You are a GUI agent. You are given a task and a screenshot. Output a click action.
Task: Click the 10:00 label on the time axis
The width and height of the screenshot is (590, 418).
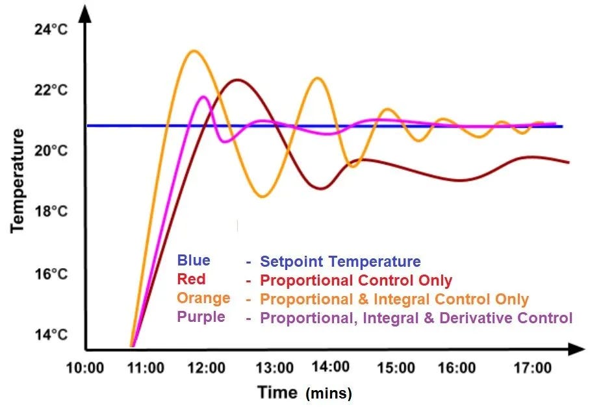click(84, 369)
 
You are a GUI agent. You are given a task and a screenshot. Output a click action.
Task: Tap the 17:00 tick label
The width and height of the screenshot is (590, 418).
click(532, 369)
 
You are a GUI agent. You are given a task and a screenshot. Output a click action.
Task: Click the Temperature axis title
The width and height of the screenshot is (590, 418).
click(18, 180)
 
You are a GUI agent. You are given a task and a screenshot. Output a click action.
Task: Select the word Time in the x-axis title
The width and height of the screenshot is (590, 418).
click(278, 392)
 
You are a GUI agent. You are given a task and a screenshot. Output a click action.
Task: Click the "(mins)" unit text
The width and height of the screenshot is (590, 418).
click(329, 393)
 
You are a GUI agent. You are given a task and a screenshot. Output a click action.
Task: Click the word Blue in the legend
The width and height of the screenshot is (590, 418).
click(194, 260)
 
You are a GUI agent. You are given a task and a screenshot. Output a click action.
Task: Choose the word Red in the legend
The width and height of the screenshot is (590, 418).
click(191, 279)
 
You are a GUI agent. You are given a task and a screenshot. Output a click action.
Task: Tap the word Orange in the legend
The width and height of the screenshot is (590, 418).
click(203, 298)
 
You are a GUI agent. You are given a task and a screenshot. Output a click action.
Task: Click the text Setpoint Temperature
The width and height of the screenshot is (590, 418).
click(340, 262)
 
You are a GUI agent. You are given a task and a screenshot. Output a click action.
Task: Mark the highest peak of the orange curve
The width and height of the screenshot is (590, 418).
click(192, 51)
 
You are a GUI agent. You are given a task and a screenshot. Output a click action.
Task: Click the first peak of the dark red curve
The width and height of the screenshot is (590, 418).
click(237, 80)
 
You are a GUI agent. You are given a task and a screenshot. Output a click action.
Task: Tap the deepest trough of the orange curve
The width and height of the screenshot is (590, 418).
click(263, 197)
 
